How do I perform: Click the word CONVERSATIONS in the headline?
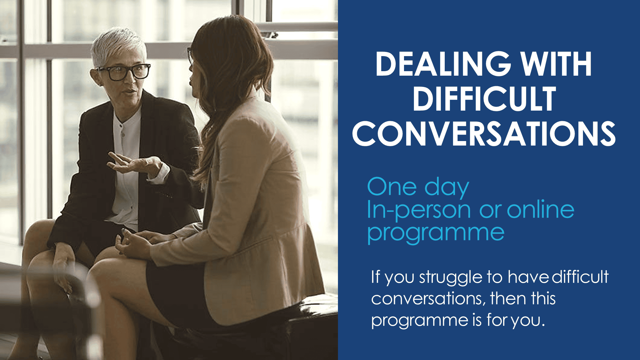[484, 134]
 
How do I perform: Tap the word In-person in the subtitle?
[419, 211]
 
